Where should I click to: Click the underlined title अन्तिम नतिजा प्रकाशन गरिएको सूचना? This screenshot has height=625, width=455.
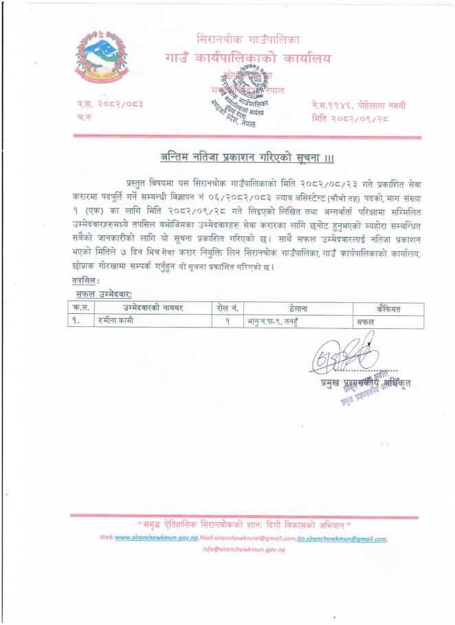pos(247,157)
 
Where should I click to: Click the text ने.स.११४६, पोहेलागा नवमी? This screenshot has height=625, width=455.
pos(357,104)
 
